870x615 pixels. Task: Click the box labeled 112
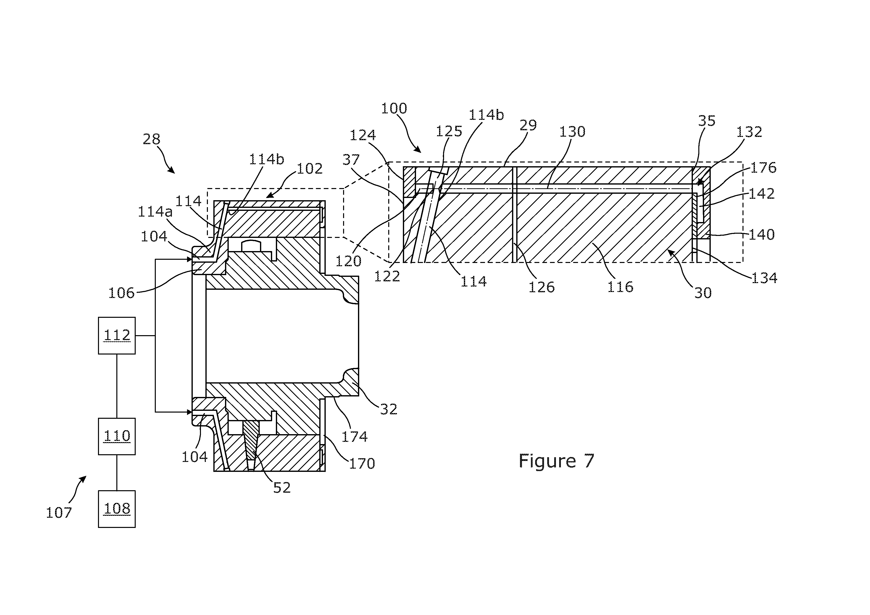pyautogui.click(x=117, y=336)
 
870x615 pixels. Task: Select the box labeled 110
pyautogui.click(x=117, y=436)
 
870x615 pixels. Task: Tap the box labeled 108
pyautogui.click(x=117, y=509)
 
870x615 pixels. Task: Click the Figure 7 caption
pyautogui.click(x=556, y=461)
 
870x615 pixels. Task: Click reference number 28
pyautogui.click(x=152, y=139)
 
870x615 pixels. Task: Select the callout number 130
pyautogui.click(x=572, y=132)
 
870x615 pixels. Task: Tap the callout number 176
pyautogui.click(x=763, y=167)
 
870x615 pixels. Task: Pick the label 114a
pyautogui.click(x=155, y=211)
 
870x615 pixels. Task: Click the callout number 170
pyautogui.click(x=362, y=463)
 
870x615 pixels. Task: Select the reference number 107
pyautogui.click(x=59, y=513)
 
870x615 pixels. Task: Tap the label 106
pyautogui.click(x=121, y=293)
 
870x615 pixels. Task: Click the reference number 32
pyautogui.click(x=389, y=409)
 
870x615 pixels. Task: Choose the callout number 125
pyautogui.click(x=449, y=131)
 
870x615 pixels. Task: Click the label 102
pyautogui.click(x=310, y=169)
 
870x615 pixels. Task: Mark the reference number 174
pyautogui.click(x=355, y=437)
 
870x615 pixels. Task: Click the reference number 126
pyautogui.click(x=542, y=287)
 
